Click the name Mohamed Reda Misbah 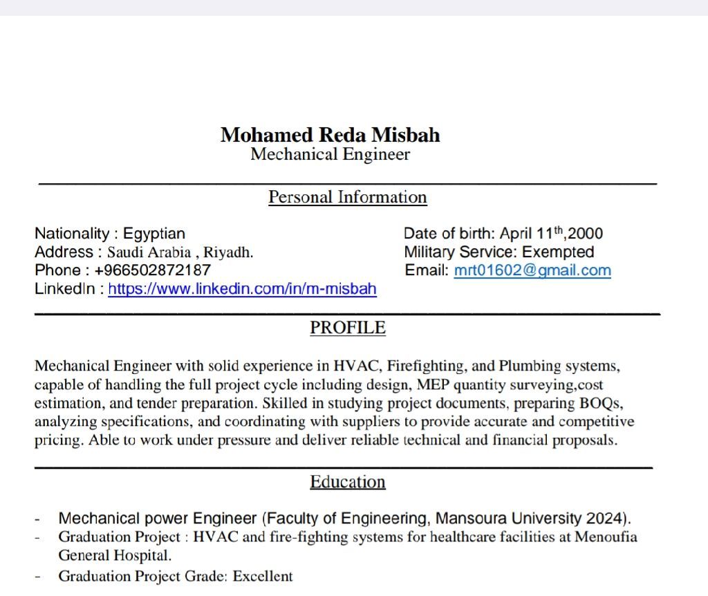330,135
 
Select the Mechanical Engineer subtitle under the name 330,154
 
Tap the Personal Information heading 347,197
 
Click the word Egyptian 154,234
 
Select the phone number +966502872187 153,270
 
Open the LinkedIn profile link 242,289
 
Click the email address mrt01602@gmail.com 532,270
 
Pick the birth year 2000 586,234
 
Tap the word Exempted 558,252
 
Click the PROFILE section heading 347,328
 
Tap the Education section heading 347,482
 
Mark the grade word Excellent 263,576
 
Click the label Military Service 460,252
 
